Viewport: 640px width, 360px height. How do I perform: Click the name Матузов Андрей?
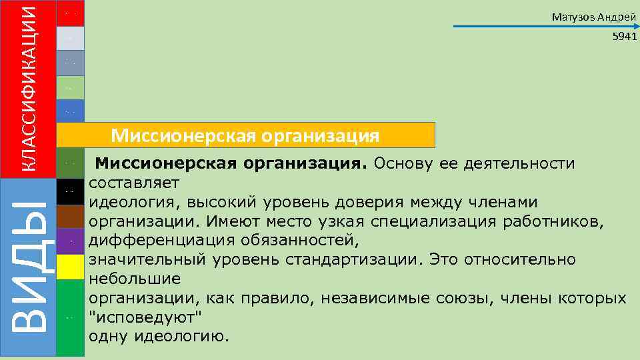coord(594,17)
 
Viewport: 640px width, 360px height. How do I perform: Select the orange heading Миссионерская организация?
coord(245,136)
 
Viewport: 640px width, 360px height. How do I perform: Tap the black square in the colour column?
coord(70,192)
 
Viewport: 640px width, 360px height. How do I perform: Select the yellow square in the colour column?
coord(70,267)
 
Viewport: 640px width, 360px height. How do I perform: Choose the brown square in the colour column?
coord(70,217)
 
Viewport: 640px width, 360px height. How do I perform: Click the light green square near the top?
coord(70,87)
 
